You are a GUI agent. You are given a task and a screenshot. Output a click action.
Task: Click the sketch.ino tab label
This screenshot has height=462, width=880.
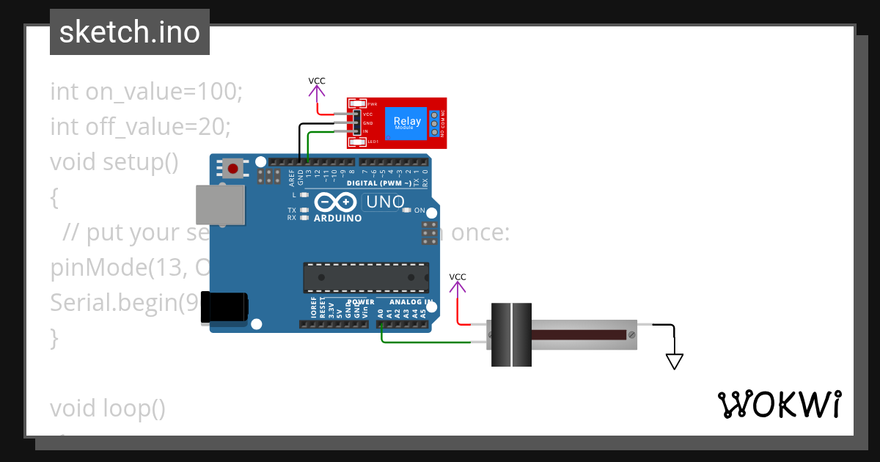[x=129, y=32]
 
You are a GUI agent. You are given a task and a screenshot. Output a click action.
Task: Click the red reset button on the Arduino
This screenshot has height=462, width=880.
[x=233, y=169]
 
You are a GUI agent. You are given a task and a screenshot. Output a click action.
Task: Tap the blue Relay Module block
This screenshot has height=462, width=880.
[x=407, y=122]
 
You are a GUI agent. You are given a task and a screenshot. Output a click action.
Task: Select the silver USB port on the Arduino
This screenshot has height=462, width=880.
[x=219, y=205]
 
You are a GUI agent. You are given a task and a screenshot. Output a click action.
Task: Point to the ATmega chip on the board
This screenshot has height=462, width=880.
[x=366, y=278]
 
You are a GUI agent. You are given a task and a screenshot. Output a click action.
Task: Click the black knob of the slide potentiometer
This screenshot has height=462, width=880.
[x=510, y=335]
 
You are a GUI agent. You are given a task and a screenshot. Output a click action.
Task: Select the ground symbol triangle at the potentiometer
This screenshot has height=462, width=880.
[x=675, y=361]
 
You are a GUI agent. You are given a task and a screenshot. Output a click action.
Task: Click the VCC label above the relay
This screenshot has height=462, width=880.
[x=317, y=81]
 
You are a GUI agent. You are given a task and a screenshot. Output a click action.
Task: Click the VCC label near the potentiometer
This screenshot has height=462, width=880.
[x=458, y=276]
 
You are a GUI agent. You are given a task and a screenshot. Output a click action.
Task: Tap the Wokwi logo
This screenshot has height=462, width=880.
[x=779, y=404]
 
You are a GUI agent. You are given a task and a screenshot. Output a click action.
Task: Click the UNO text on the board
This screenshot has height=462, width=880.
[x=385, y=202]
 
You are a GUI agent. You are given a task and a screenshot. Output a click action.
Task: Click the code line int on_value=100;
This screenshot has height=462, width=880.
[x=146, y=92]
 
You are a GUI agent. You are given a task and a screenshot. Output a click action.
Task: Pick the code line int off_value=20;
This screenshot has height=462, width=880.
[x=140, y=127]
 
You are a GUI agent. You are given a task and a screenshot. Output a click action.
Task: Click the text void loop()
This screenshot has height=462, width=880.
[x=108, y=408]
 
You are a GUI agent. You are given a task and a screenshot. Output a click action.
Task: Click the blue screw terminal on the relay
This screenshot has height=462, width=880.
[x=434, y=123]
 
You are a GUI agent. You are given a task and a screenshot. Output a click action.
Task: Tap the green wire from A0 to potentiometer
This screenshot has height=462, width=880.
[x=425, y=342]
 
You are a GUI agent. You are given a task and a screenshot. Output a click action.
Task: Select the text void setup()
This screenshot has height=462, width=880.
[x=114, y=161]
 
